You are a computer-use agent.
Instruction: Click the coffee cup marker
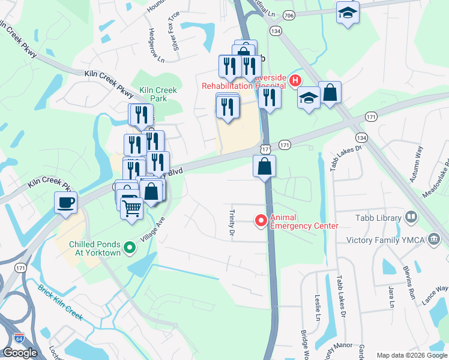tap(65, 202)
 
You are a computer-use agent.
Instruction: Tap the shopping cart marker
tap(131, 209)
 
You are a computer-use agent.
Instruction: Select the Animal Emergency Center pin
tap(261, 221)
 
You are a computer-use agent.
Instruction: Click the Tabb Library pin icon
tap(411, 217)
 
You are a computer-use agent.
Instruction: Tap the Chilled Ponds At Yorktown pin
tap(128, 247)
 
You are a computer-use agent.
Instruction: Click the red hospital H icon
tap(295, 80)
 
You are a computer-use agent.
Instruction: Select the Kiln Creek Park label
tap(158, 94)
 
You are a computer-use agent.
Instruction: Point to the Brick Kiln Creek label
tap(60, 302)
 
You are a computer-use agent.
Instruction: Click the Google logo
tap(20, 353)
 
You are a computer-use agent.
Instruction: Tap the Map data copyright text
tap(411, 355)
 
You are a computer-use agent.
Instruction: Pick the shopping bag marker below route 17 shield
tap(264, 166)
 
